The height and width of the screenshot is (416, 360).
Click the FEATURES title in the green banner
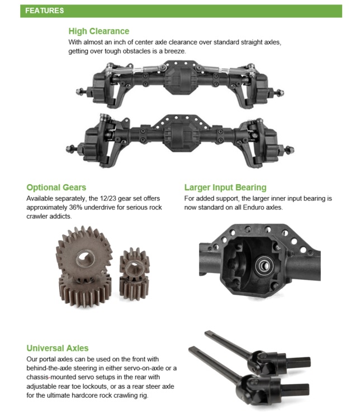pos(44,11)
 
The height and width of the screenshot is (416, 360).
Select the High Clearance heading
pos(99,31)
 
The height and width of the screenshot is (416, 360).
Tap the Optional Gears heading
pos(56,187)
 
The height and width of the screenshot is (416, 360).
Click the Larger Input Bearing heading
pos(225,187)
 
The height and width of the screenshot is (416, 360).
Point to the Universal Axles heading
pos(58,348)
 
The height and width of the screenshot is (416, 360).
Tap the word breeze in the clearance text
pos(174,51)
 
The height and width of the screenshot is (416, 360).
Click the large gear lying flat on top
pos(84,251)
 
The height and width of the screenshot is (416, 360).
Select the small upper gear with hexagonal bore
pos(135,263)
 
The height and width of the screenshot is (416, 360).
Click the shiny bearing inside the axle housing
pos(264,265)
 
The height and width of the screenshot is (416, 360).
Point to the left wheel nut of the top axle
pos(80,91)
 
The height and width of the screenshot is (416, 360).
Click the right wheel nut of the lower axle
pos(290,149)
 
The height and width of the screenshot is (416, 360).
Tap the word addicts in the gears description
pos(63,216)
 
